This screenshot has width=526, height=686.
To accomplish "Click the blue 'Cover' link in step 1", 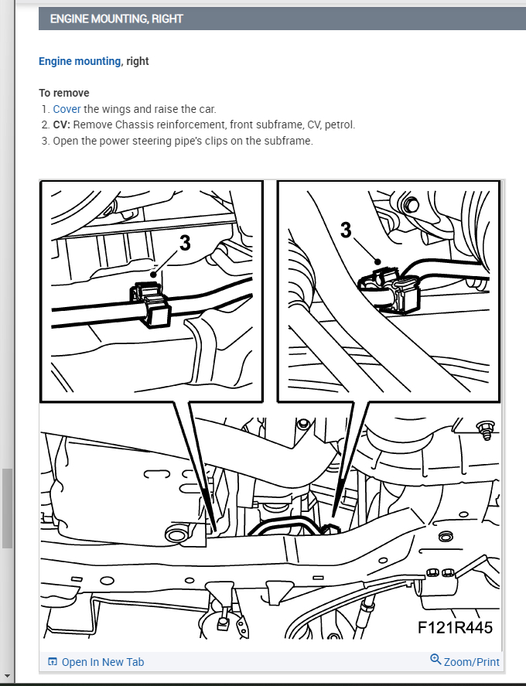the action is (x=67, y=109).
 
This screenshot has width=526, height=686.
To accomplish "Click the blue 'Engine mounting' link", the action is (x=80, y=61).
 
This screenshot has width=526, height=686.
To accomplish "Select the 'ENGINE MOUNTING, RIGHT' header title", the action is (x=116, y=19).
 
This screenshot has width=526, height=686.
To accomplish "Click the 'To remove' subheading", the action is (x=64, y=93).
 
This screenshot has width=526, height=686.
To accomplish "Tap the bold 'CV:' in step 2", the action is (x=62, y=125).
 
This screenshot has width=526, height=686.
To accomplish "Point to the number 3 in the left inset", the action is (x=185, y=243).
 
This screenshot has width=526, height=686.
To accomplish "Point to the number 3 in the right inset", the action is (x=346, y=230).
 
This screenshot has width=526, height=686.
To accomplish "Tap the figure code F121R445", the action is (x=455, y=628).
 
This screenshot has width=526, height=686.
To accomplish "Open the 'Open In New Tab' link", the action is (x=102, y=662).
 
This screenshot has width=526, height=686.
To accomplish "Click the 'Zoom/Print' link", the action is (x=471, y=662).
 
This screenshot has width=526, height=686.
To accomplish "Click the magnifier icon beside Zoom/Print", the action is (x=435, y=659).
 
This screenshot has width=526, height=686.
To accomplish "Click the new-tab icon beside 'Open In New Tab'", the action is (x=53, y=661).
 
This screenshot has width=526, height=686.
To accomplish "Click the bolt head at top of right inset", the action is (x=411, y=204).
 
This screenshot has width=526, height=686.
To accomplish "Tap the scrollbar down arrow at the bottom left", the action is (x=7, y=676).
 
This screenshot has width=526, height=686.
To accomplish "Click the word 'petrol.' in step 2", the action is (x=340, y=125).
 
